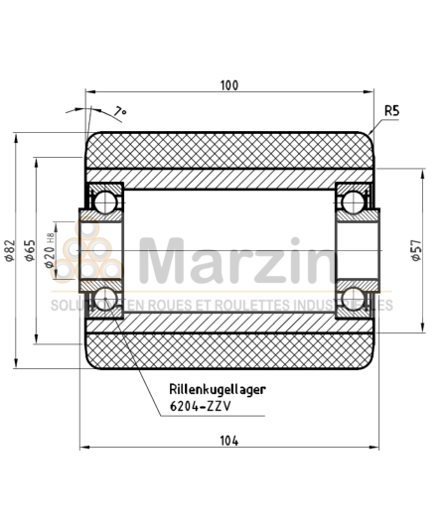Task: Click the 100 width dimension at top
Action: click(229, 86)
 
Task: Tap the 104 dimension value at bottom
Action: click(229, 438)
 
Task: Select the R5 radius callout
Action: click(390, 110)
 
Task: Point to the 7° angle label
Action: click(121, 111)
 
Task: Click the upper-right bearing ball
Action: click(352, 202)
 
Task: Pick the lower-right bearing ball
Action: click(352, 299)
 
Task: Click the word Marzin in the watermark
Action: click(236, 260)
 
